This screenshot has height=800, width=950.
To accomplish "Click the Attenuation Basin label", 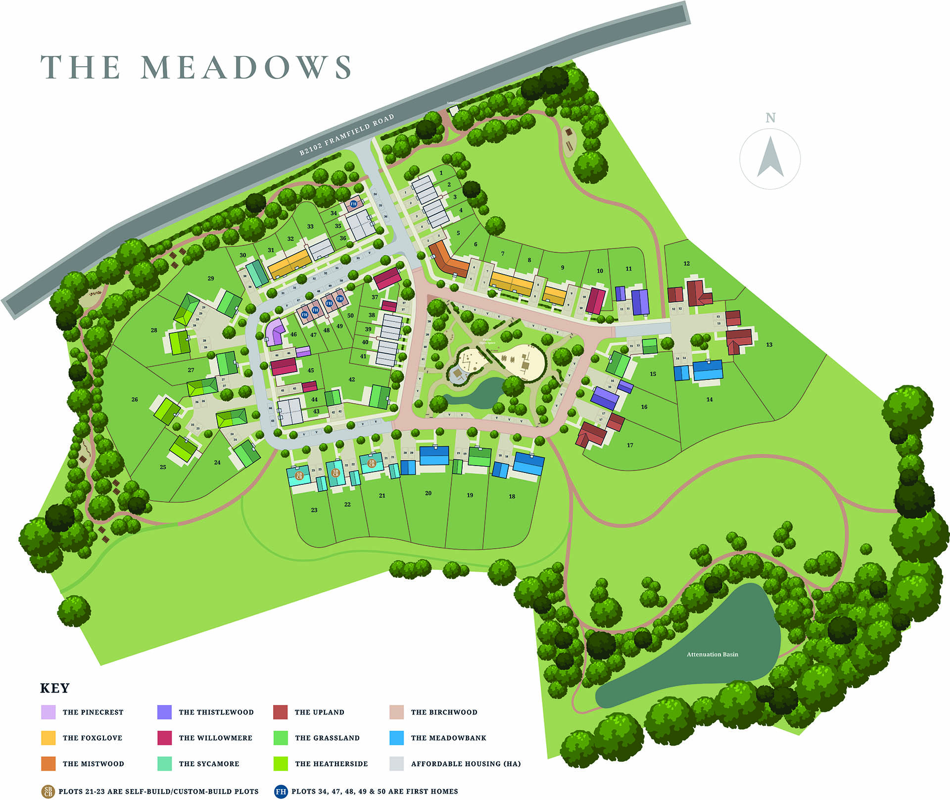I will [712, 654].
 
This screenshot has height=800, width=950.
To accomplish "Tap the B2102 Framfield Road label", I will [347, 135].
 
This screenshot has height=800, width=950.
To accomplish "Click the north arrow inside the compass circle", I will [770, 157].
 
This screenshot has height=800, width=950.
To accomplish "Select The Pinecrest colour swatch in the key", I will [48, 712].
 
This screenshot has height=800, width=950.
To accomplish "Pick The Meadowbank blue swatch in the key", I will [397, 738].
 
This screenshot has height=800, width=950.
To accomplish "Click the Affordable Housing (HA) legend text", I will [466, 763].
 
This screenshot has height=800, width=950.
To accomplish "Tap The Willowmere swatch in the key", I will [164, 738].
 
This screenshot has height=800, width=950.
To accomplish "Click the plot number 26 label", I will [135, 399].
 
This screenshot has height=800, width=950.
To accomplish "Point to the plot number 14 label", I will [710, 399].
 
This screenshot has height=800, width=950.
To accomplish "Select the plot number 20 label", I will [428, 493].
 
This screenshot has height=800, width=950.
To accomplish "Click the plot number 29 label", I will [211, 279].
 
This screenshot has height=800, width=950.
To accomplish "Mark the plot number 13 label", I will [769, 344].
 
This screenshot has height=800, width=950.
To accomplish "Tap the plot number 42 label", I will [351, 379].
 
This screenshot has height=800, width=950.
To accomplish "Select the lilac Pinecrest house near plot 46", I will [275, 331].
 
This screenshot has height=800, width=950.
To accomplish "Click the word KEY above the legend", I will [54, 688].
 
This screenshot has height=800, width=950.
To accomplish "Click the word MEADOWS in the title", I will [246, 67].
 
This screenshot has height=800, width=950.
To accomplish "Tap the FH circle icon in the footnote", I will [281, 791].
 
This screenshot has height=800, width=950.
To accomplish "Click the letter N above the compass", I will [770, 118].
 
